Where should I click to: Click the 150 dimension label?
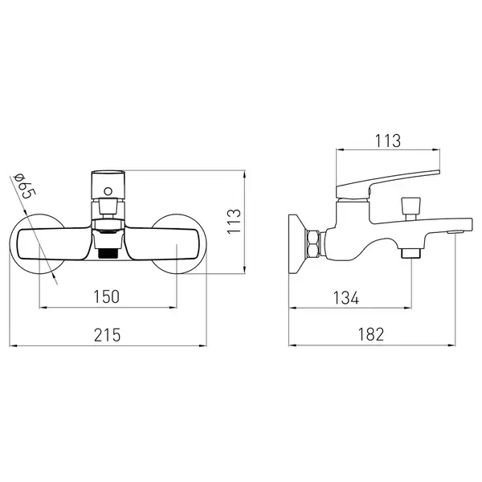106,296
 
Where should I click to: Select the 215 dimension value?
108,335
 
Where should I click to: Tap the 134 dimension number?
346,298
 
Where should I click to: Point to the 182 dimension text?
371,334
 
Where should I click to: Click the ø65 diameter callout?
25,186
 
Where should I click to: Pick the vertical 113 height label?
234,222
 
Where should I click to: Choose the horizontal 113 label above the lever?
388,141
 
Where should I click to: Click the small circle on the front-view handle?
108,191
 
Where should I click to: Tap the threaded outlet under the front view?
108,253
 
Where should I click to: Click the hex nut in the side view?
313,243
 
